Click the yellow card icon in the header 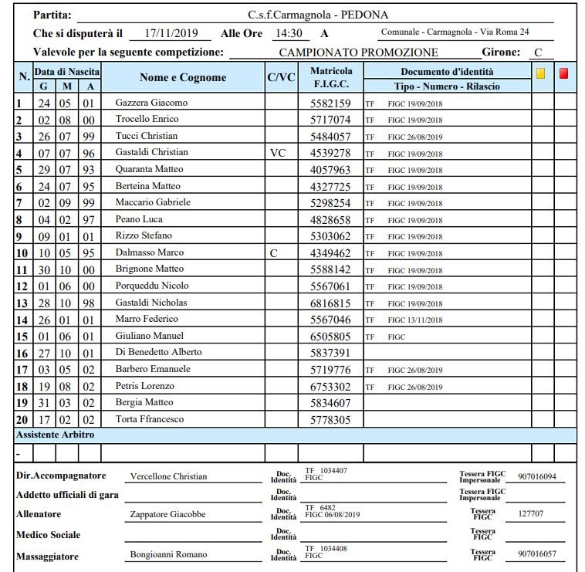point(541,74)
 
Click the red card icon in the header point(564,74)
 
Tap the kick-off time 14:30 point(288,34)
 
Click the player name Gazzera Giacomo point(151,103)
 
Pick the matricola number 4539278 point(330,153)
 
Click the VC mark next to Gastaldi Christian point(278,153)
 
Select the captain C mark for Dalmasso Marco point(273,253)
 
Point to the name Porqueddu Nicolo point(152,286)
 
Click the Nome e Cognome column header point(183,77)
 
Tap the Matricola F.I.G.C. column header point(331,77)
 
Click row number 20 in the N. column point(22,419)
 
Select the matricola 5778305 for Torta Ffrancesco point(330,420)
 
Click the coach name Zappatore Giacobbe point(168,515)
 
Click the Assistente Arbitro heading point(56,435)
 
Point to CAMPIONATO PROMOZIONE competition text point(358,52)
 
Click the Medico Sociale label point(48,535)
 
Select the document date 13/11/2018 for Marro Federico point(425,320)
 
